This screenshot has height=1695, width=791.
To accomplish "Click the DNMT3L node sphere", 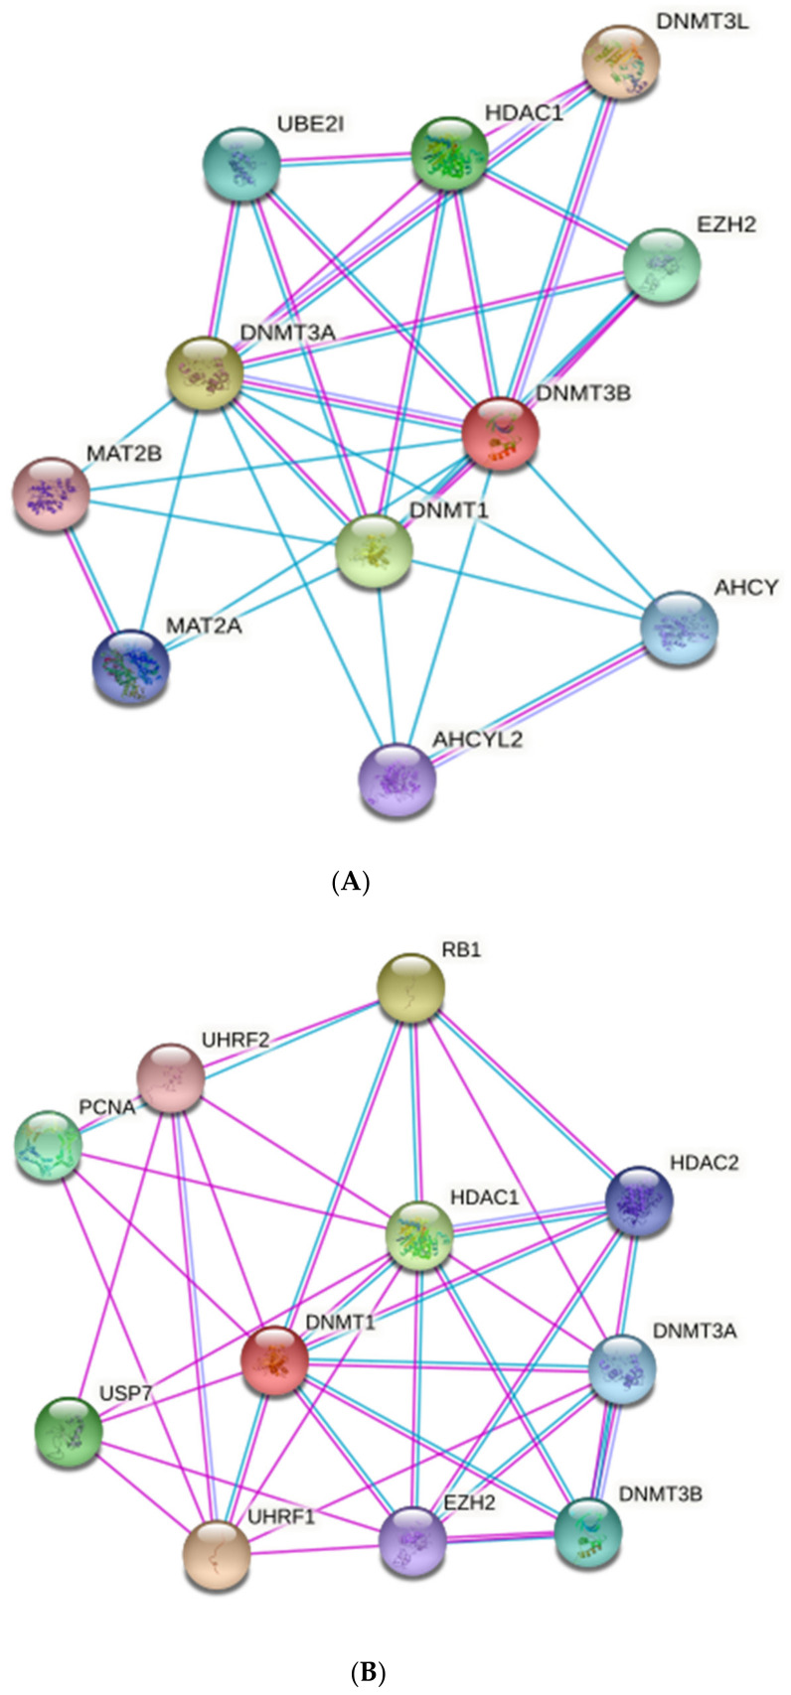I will pos(620,64).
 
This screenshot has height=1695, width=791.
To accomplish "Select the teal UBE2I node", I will pos(240,164).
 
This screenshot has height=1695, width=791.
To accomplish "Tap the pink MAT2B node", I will pos(50,494).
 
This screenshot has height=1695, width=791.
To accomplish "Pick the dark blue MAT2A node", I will pos(130,666).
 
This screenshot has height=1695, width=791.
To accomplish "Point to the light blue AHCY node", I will pos(680,629).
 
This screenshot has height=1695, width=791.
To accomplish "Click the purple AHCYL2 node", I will pos(396,779).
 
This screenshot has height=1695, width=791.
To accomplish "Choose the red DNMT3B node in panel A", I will pos(500,434).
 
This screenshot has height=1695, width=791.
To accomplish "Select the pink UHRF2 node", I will pos(170,1077).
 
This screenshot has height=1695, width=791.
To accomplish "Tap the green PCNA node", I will pos(48,1145).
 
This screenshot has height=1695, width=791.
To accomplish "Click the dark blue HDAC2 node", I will pos(639,1201).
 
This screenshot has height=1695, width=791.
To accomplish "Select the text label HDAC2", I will pos(704,1162).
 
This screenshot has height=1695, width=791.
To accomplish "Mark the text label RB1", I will pos(461,949).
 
